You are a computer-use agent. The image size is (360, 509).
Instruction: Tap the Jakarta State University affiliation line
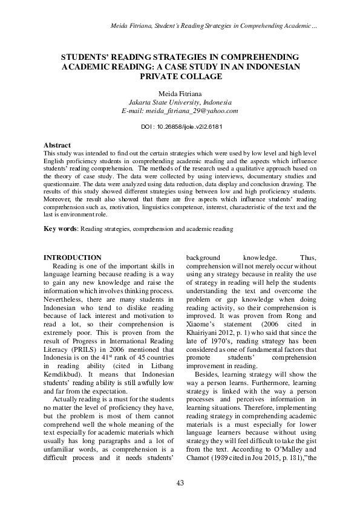pos(180,103)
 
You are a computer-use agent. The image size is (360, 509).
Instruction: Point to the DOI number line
pos(180,128)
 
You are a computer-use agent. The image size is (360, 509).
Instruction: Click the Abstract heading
pos(57,146)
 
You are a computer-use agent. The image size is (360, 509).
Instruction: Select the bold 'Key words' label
pos(60,229)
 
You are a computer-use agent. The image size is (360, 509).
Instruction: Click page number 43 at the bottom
pos(180,482)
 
